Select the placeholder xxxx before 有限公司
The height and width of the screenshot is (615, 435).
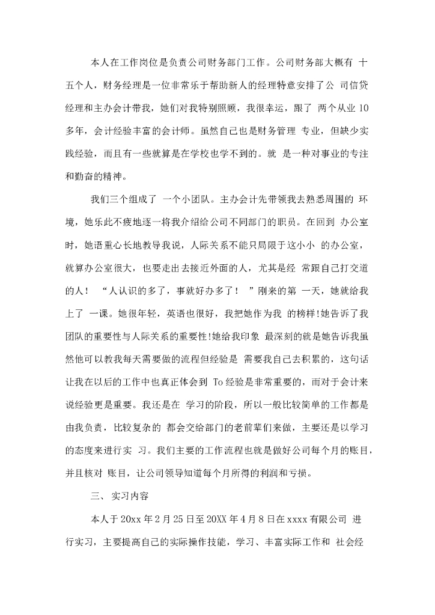click(x=298, y=519)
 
